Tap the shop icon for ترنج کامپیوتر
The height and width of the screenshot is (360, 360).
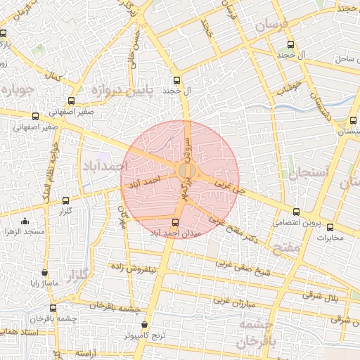click(x=145, y=325)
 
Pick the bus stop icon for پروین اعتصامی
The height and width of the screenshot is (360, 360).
click(x=295, y=211)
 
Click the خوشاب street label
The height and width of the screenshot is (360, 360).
click(x=288, y=87)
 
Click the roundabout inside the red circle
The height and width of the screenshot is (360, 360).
click(x=186, y=171)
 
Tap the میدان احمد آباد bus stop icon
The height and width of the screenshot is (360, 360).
click(x=175, y=222)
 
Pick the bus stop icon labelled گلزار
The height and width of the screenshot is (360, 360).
click(x=66, y=200)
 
